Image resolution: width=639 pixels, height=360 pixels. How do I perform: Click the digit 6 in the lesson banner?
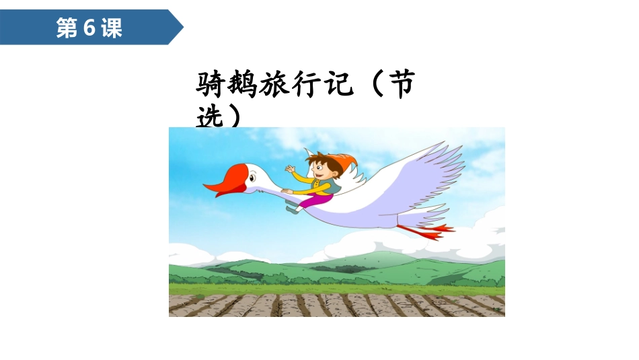88,28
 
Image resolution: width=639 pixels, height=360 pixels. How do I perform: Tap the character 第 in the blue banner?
67,28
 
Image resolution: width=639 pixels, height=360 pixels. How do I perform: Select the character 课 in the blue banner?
111,28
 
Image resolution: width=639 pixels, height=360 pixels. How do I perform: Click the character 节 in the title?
402,86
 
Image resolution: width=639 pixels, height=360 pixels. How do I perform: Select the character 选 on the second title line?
209,118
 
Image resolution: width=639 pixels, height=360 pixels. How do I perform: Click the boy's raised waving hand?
291,169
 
